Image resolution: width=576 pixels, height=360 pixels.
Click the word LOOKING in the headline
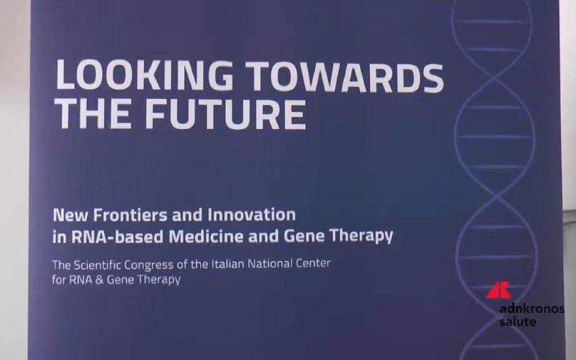click(x=145, y=75)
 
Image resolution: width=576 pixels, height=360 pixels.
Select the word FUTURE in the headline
click(x=225, y=113)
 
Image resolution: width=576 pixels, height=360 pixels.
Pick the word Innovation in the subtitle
click(x=252, y=214)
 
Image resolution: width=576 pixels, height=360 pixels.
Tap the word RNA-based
click(x=117, y=236)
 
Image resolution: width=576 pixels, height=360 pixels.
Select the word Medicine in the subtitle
click(x=206, y=236)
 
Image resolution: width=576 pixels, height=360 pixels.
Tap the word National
click(x=270, y=263)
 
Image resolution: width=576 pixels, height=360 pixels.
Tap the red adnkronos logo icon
click(x=498, y=290)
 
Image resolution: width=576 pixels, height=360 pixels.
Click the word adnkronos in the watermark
click(x=532, y=309)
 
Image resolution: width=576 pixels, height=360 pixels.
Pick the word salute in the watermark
click(x=518, y=322)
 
